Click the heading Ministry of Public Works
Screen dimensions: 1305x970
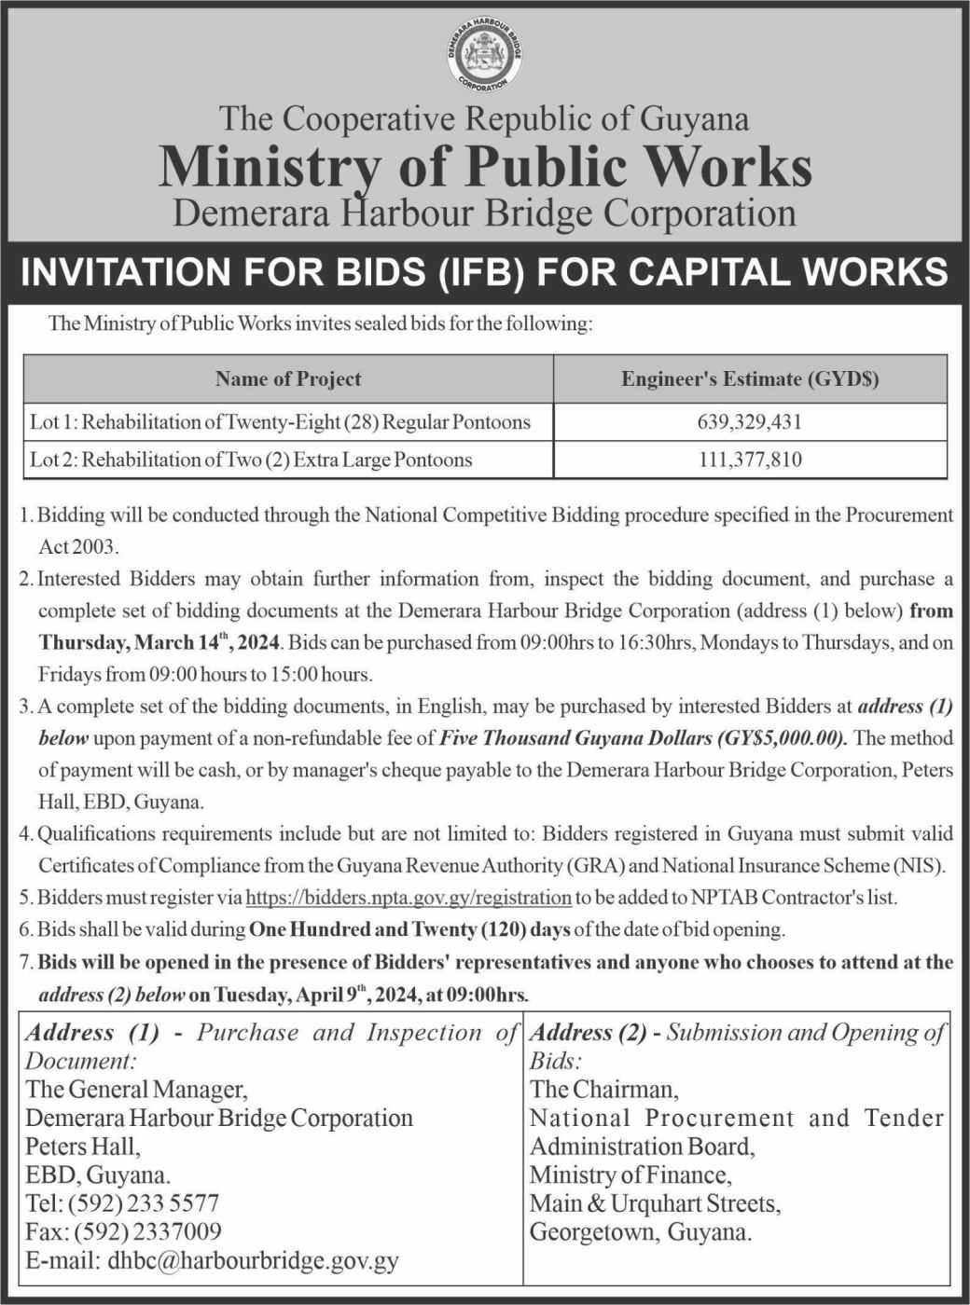(485, 168)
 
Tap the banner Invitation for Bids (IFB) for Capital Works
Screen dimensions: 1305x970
(485, 272)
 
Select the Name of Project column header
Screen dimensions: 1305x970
(288, 378)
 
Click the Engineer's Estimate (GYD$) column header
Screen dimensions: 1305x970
(750, 378)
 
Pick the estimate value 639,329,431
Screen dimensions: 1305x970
(750, 422)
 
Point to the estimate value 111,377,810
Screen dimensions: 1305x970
(750, 460)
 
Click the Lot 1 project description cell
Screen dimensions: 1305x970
(281, 422)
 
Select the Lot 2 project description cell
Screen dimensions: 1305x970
(251, 460)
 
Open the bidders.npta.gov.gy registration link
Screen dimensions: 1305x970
(409, 898)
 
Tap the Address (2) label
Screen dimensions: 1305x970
(589, 1033)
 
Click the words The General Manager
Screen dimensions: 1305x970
(136, 1089)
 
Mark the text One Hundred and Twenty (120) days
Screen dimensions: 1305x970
(409, 929)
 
